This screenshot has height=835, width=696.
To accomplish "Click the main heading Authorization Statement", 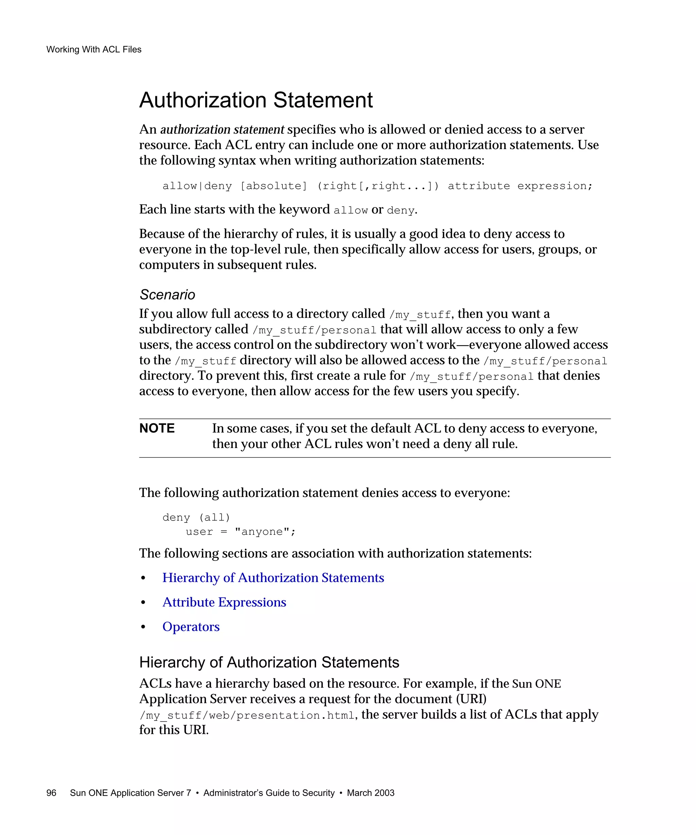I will [x=256, y=100].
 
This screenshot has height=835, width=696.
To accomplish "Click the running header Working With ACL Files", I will [x=94, y=49].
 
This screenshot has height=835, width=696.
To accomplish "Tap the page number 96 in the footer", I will [x=51, y=793].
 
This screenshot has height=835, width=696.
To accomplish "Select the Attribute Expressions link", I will [x=224, y=602].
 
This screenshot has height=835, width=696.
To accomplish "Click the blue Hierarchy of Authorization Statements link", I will [x=273, y=578].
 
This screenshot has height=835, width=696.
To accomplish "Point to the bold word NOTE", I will [x=157, y=428].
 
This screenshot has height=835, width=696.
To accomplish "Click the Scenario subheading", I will [x=167, y=295].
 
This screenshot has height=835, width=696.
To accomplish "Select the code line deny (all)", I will [x=196, y=517].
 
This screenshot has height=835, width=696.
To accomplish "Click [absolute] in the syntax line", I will [x=274, y=186].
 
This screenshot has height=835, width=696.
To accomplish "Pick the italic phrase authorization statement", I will [x=222, y=130].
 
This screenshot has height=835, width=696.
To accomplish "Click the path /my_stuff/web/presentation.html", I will [x=247, y=715].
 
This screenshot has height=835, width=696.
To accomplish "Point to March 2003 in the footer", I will [x=370, y=793].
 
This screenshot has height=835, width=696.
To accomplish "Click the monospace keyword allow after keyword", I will [x=350, y=210].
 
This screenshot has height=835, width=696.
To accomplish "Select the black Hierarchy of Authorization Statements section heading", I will [x=269, y=662].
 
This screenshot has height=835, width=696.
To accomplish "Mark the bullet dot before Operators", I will [x=143, y=627].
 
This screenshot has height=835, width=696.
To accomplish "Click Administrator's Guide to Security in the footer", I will [x=269, y=793].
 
